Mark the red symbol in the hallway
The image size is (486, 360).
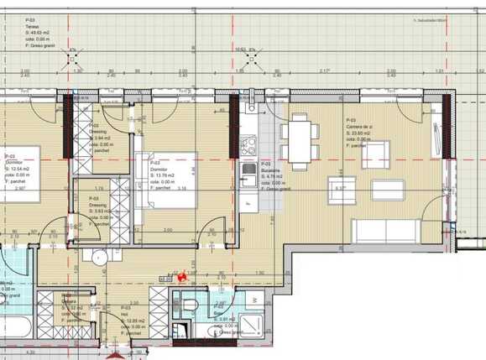click(x=181, y=274)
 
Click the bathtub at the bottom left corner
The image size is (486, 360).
click(x=17, y=330)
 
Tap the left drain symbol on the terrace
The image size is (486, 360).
click(x=73, y=51)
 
